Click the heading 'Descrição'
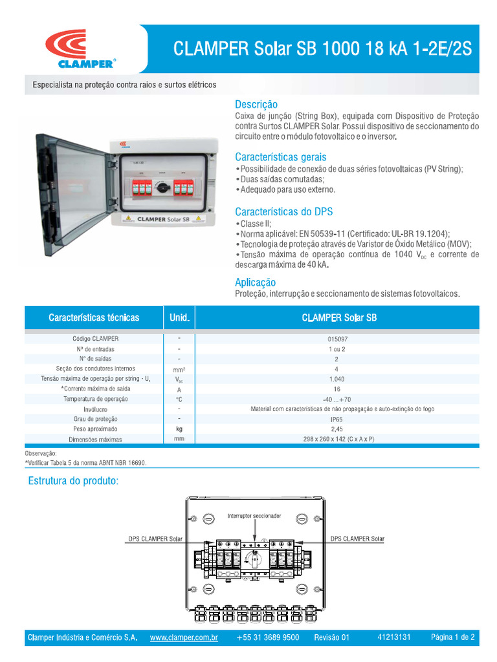[x=256, y=104]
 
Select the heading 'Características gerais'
[x=280, y=157]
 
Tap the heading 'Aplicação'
[x=255, y=283]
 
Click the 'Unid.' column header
[x=179, y=318]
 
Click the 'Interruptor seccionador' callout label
[x=254, y=517]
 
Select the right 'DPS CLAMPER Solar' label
[x=357, y=539]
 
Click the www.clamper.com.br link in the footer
[x=184, y=637]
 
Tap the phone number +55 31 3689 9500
[x=268, y=637]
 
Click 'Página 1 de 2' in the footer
[x=453, y=637]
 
